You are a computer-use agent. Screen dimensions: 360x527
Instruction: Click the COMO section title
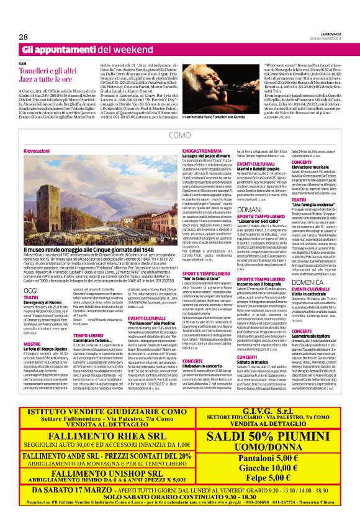pos(179,135)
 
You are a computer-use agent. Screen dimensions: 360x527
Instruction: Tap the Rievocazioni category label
pos(38,151)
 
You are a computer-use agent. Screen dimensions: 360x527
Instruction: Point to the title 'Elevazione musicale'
pos(311,168)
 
